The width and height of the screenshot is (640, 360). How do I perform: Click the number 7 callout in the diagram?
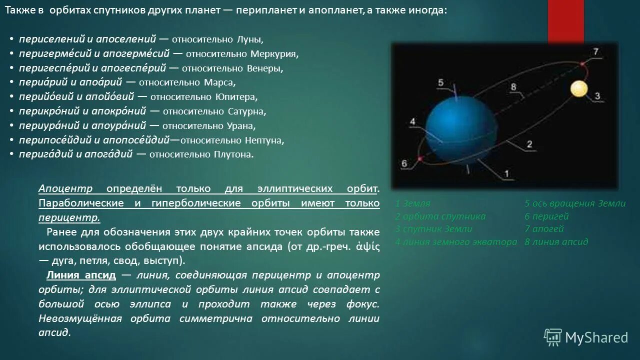pyautogui.click(x=595, y=52)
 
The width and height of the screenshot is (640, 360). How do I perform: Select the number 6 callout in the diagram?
pyautogui.click(x=404, y=163)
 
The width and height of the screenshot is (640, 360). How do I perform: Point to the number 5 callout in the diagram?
pyautogui.click(x=440, y=82)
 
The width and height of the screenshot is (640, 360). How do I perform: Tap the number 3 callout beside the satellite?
pyautogui.click(x=597, y=96)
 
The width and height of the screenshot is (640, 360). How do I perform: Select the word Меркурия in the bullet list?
pyautogui.click(x=278, y=53)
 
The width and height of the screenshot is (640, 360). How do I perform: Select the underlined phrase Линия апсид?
pyautogui.click(x=81, y=275)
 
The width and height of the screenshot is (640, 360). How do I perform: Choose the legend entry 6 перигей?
pyautogui.click(x=546, y=216)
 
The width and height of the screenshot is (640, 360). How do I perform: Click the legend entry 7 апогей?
pyautogui.click(x=544, y=229)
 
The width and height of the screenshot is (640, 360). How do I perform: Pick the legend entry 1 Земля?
pyautogui.click(x=413, y=203)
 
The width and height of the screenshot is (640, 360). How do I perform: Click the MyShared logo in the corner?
pyautogui.click(x=585, y=337)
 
